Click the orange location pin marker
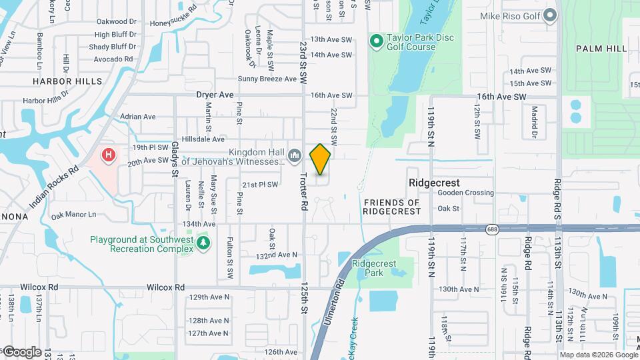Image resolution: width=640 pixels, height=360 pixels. click(320, 159)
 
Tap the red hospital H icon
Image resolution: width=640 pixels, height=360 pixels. click(107, 155)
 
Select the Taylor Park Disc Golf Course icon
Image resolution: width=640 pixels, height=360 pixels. click(376, 42)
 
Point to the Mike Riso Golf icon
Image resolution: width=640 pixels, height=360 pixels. click(550, 15)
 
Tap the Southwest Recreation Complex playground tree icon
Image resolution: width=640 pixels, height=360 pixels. click(203, 244)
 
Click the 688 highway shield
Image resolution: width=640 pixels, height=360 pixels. click(491, 228)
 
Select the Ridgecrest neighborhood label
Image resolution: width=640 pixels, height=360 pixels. click(434, 183)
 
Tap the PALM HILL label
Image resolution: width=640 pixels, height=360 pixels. click(601, 49)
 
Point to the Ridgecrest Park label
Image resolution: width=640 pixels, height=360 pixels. click(374, 268)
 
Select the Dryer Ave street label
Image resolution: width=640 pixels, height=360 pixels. click(215, 95)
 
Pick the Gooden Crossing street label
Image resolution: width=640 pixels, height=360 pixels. click(465, 193)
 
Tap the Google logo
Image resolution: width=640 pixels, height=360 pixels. click(22, 351)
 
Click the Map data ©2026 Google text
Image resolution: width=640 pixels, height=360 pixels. click(598, 355)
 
